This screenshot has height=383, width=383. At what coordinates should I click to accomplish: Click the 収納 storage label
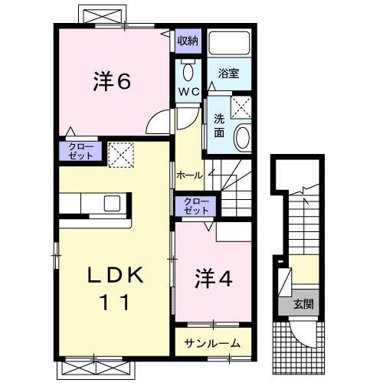pos(188,41)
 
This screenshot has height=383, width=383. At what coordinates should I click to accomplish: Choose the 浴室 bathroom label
pos(228,74)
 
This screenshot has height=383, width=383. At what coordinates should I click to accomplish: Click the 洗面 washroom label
pos(219,125)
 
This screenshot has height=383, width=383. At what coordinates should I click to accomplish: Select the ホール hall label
pos(189,175)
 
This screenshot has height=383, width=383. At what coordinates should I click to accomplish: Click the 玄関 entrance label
pos(303,304)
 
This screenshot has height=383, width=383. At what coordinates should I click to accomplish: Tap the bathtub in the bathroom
pos(230,45)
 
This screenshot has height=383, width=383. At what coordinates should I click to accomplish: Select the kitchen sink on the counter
pos(112,204)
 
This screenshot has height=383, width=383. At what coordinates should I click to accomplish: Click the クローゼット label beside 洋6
pos(80,150)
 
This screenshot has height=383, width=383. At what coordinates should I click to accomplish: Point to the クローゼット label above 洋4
pos(196,205)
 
